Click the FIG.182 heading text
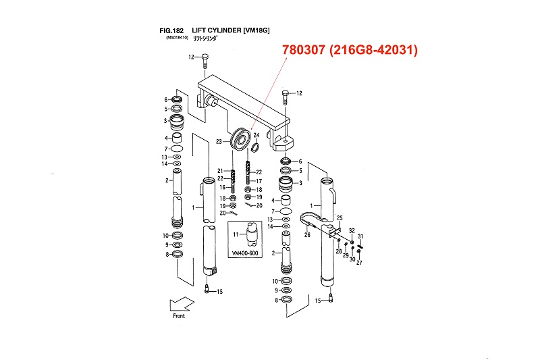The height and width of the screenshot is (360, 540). click(x=172, y=30)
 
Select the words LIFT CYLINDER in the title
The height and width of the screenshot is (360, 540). click(x=215, y=30)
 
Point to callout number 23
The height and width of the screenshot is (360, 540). click(x=219, y=142)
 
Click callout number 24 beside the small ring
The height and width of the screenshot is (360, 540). click(x=256, y=136)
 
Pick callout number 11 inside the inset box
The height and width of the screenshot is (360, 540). click(x=236, y=234)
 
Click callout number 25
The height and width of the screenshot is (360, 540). click(x=340, y=217)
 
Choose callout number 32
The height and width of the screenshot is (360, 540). click(x=352, y=231)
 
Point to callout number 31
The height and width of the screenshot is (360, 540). click(x=361, y=236)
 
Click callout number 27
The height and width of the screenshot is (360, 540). click(x=359, y=262)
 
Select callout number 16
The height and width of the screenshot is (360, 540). click(x=220, y=186)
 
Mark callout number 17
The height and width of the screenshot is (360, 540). click(x=259, y=181)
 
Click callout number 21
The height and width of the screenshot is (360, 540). click(x=220, y=170)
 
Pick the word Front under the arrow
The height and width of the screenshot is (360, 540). click(x=178, y=315)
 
